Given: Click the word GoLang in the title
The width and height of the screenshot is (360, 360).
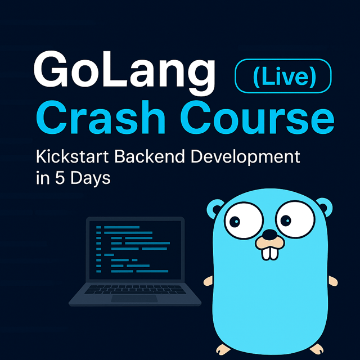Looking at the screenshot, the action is [x=124, y=73].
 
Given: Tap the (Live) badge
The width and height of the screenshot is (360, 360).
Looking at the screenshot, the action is [x=283, y=76].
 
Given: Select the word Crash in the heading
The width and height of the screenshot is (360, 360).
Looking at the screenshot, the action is [x=101, y=117].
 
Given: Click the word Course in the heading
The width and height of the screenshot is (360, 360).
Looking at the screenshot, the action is [x=257, y=117].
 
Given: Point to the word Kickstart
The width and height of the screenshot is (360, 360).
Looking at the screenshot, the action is [x=73, y=156].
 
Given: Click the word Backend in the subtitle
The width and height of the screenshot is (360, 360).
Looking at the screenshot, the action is [x=150, y=156].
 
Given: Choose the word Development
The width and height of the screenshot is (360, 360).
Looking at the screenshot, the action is [x=245, y=157].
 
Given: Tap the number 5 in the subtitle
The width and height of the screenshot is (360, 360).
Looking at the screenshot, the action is [x=60, y=178].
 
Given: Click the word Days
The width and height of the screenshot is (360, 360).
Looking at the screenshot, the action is [x=90, y=179].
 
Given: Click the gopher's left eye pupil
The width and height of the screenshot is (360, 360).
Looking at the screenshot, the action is [x=235, y=222].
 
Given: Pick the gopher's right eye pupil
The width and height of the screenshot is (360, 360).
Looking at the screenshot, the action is [x=286, y=221].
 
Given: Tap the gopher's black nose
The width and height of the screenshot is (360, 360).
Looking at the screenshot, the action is [x=270, y=235].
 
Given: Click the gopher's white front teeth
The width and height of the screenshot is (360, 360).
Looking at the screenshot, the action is [x=270, y=253].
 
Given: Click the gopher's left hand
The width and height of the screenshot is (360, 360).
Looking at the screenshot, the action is [x=208, y=281].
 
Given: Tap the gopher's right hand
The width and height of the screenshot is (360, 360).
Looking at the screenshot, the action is [x=333, y=281].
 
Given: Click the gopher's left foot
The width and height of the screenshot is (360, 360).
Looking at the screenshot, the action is [x=223, y=349].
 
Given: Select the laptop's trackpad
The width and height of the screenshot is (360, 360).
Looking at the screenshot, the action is [x=134, y=299].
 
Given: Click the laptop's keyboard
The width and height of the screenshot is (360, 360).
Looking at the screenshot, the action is [x=135, y=290].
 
